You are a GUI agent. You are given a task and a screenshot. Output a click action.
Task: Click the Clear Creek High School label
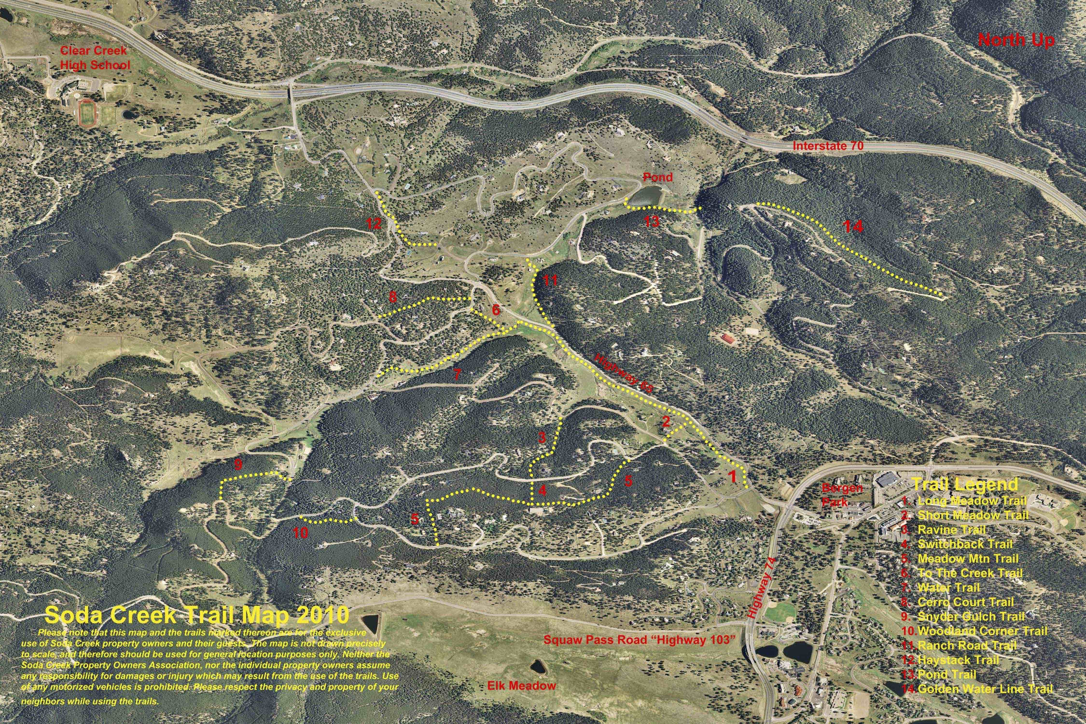[x=95, y=58]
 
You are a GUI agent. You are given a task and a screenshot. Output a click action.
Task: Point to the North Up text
[x=1016, y=41]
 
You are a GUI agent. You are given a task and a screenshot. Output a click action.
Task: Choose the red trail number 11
[x=550, y=280]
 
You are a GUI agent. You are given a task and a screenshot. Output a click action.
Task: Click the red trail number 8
[x=392, y=297]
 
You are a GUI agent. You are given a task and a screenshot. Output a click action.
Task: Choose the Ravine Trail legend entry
[x=947, y=530]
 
